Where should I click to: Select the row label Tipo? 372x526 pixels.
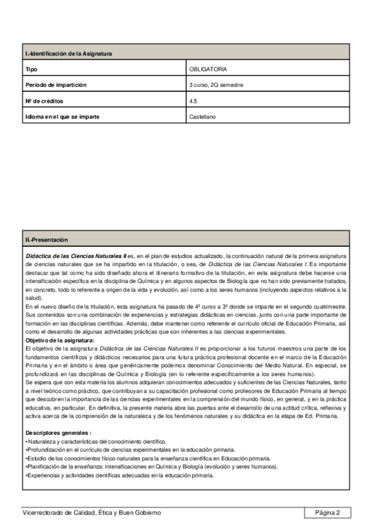31,69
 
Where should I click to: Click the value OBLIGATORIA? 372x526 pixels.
208,69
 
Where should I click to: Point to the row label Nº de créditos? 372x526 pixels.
45,100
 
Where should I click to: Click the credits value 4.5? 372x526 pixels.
193,100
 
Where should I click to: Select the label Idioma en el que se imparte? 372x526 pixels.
62,116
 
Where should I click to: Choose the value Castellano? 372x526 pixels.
202,116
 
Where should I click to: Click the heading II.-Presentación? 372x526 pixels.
47,239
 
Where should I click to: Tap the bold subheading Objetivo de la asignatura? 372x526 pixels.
60,341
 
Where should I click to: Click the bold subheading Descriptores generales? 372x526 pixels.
58,432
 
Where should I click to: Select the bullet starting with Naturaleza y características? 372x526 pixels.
96,441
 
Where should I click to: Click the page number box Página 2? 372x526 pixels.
327,513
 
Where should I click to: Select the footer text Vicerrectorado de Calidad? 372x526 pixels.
91,513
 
